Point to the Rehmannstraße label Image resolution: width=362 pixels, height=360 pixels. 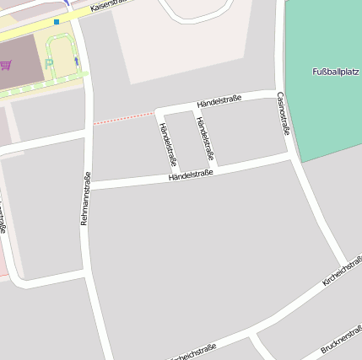click(85, 197)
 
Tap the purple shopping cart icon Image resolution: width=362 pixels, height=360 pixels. click(6, 65)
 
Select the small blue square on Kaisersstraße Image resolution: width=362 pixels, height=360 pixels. click(57, 22)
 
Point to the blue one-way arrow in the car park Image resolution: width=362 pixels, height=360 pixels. click(76, 61)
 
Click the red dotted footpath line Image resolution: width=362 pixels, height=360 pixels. click(123, 117)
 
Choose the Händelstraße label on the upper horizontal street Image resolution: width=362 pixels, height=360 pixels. click(219, 101)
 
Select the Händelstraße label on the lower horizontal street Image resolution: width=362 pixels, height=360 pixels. click(191, 175)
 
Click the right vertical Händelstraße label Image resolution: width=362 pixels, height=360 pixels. click(205, 139)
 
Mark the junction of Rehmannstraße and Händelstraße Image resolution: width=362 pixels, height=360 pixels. click(89, 185)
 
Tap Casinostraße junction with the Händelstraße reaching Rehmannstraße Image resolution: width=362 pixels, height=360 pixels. click(291, 155)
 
